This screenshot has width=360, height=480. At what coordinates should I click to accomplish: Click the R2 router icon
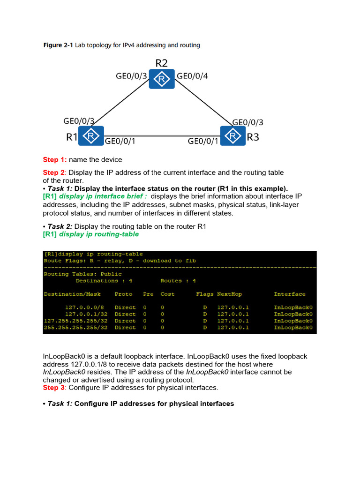pos(162,79)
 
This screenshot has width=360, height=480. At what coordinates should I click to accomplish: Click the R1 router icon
pos(91,136)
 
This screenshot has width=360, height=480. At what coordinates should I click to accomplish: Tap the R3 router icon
pos(232,136)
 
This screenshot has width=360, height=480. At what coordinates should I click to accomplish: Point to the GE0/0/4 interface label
pos(192,75)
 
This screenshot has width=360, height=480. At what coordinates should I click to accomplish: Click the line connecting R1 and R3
pos(162,136)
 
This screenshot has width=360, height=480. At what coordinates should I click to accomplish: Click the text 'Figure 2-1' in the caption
pos(58,45)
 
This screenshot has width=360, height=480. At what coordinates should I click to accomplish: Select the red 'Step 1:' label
pos(55,159)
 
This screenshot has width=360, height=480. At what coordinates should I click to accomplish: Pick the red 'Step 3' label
pos(54,388)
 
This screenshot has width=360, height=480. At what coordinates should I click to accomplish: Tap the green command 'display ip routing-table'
pos(99,234)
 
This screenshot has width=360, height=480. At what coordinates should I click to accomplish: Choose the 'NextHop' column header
pos(229,294)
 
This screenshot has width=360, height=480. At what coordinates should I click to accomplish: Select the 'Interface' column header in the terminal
pos(290,294)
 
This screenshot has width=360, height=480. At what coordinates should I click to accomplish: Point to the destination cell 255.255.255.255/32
pos(75,328)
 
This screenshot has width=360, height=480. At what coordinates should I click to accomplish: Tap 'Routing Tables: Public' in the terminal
pos(82,274)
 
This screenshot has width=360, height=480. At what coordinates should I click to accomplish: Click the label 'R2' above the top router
pos(162,63)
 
